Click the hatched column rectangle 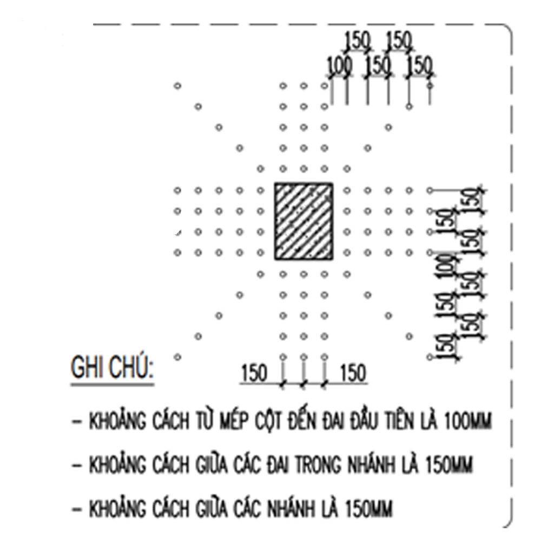(304, 221)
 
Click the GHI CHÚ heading (112, 370)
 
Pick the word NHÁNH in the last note (288, 509)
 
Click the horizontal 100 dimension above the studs (340, 66)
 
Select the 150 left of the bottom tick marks (254, 374)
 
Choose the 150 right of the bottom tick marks (353, 374)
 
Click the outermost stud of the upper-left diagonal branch (177, 86)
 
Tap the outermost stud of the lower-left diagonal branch (177, 357)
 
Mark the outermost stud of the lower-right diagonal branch (430, 357)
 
